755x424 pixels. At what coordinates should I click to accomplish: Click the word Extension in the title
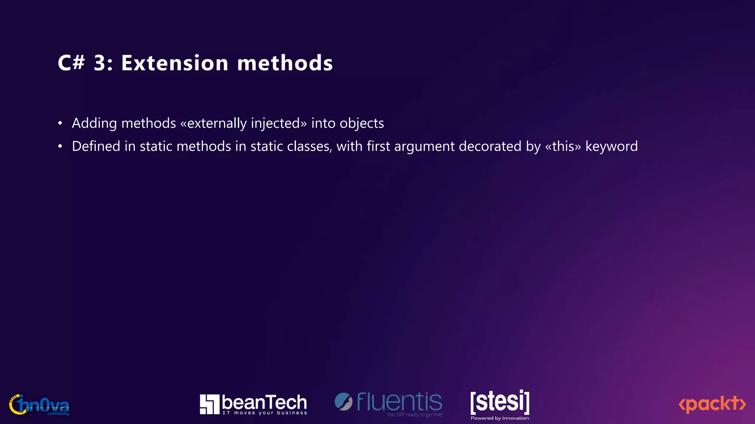(175, 63)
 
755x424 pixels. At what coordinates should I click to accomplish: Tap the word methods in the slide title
(285, 63)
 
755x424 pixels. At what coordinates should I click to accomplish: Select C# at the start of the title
(71, 63)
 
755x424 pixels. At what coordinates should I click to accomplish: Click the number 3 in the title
(101, 63)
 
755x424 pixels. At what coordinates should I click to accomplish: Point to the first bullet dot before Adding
(60, 123)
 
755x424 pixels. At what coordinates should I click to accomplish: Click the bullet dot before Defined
(60, 146)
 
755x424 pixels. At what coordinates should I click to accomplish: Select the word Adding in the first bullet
(94, 123)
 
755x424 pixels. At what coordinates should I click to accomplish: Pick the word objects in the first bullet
(362, 123)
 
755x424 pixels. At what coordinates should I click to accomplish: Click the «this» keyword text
(563, 146)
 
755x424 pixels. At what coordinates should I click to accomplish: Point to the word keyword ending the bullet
(612, 146)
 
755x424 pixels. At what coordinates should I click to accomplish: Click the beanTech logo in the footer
(253, 404)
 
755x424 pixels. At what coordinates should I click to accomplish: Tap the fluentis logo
(389, 403)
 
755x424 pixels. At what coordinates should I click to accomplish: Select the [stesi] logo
(500, 404)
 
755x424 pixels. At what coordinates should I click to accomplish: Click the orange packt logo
(712, 404)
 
